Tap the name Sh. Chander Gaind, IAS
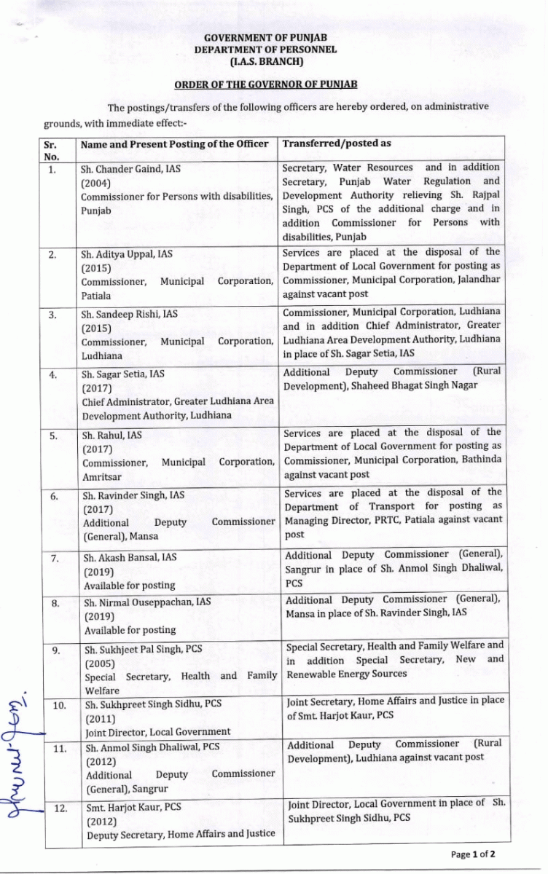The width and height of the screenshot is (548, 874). [130, 169]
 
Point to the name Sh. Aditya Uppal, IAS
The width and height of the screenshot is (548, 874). [127, 254]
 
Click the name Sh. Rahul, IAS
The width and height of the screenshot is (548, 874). [112, 436]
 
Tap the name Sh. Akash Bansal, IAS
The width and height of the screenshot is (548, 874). [130, 558]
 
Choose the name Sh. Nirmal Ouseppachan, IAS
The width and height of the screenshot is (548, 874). [147, 602]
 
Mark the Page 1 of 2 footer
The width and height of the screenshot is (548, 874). [473, 854]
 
